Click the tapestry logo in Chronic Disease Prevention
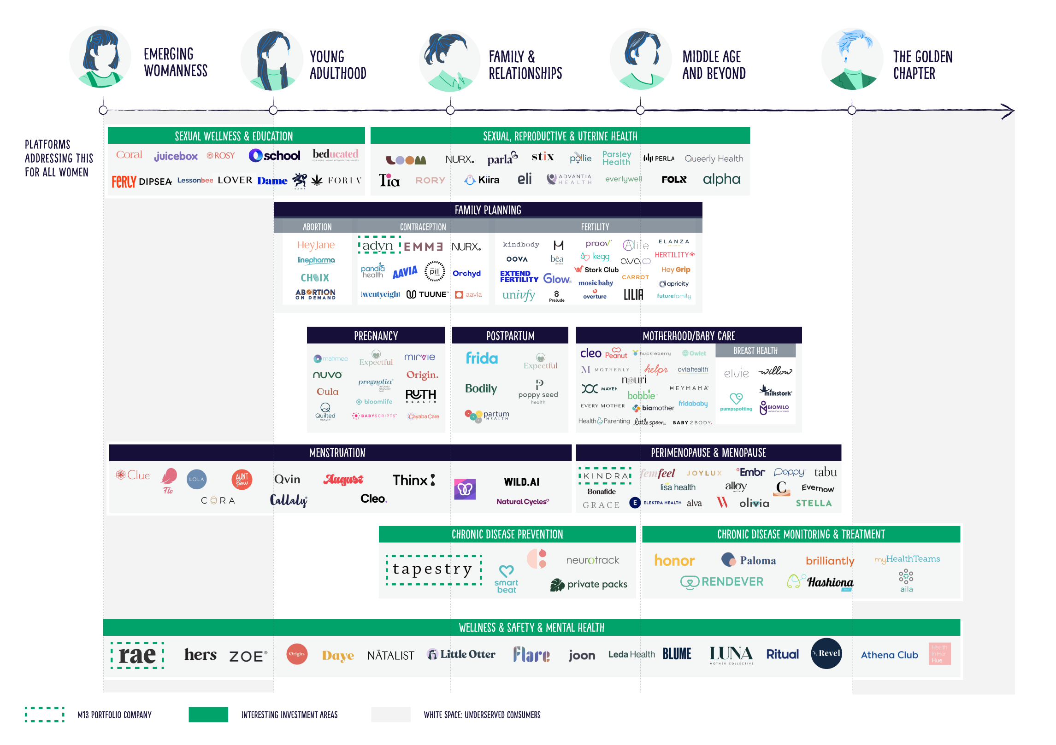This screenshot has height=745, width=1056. (x=433, y=569)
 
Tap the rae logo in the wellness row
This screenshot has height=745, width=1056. (x=137, y=655)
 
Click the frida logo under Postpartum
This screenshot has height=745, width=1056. (x=482, y=358)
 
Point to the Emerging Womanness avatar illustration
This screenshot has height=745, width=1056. (x=100, y=57)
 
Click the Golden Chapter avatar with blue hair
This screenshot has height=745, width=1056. (x=852, y=59)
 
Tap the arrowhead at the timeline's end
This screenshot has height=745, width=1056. (x=1008, y=111)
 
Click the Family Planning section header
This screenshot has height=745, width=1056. (x=488, y=210)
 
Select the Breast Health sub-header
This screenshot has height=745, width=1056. (x=755, y=351)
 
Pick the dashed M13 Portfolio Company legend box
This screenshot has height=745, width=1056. (x=44, y=714)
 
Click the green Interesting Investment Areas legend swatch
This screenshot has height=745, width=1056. (x=208, y=714)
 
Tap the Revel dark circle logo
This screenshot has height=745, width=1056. (x=826, y=653)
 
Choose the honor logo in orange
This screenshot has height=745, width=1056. (x=674, y=560)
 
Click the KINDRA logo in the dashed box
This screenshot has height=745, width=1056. (x=605, y=475)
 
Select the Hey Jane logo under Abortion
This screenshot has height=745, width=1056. (x=316, y=245)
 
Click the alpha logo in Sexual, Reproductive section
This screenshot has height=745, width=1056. (x=721, y=179)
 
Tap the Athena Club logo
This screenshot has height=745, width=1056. (x=889, y=655)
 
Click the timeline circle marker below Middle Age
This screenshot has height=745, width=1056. (x=640, y=110)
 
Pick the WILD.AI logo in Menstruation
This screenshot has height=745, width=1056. (x=521, y=482)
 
